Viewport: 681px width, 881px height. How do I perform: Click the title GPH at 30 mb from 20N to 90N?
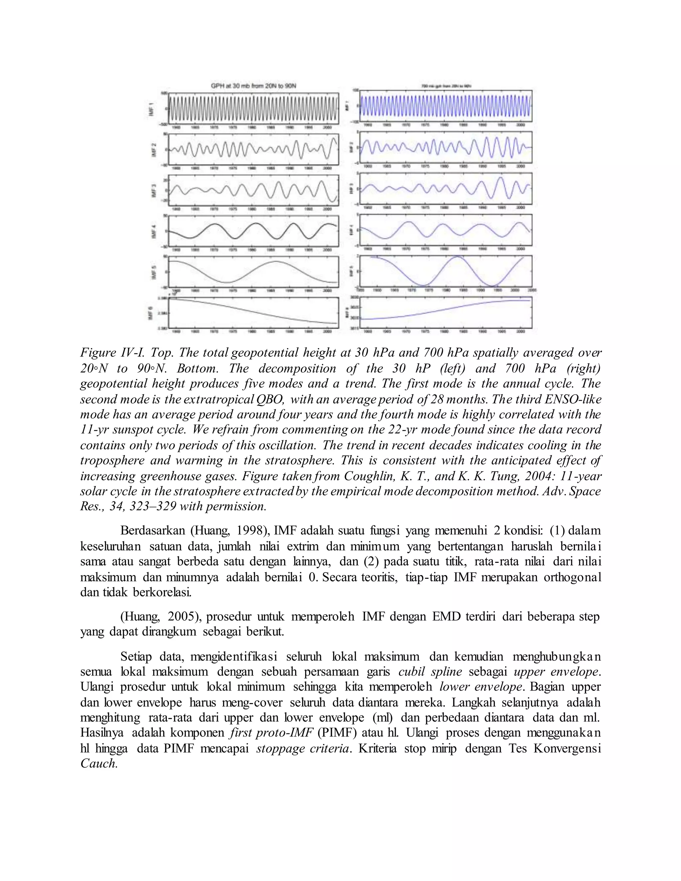point(254,86)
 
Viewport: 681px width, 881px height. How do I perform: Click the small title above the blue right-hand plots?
point(446,86)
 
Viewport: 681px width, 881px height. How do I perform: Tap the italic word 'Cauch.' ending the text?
point(99,763)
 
